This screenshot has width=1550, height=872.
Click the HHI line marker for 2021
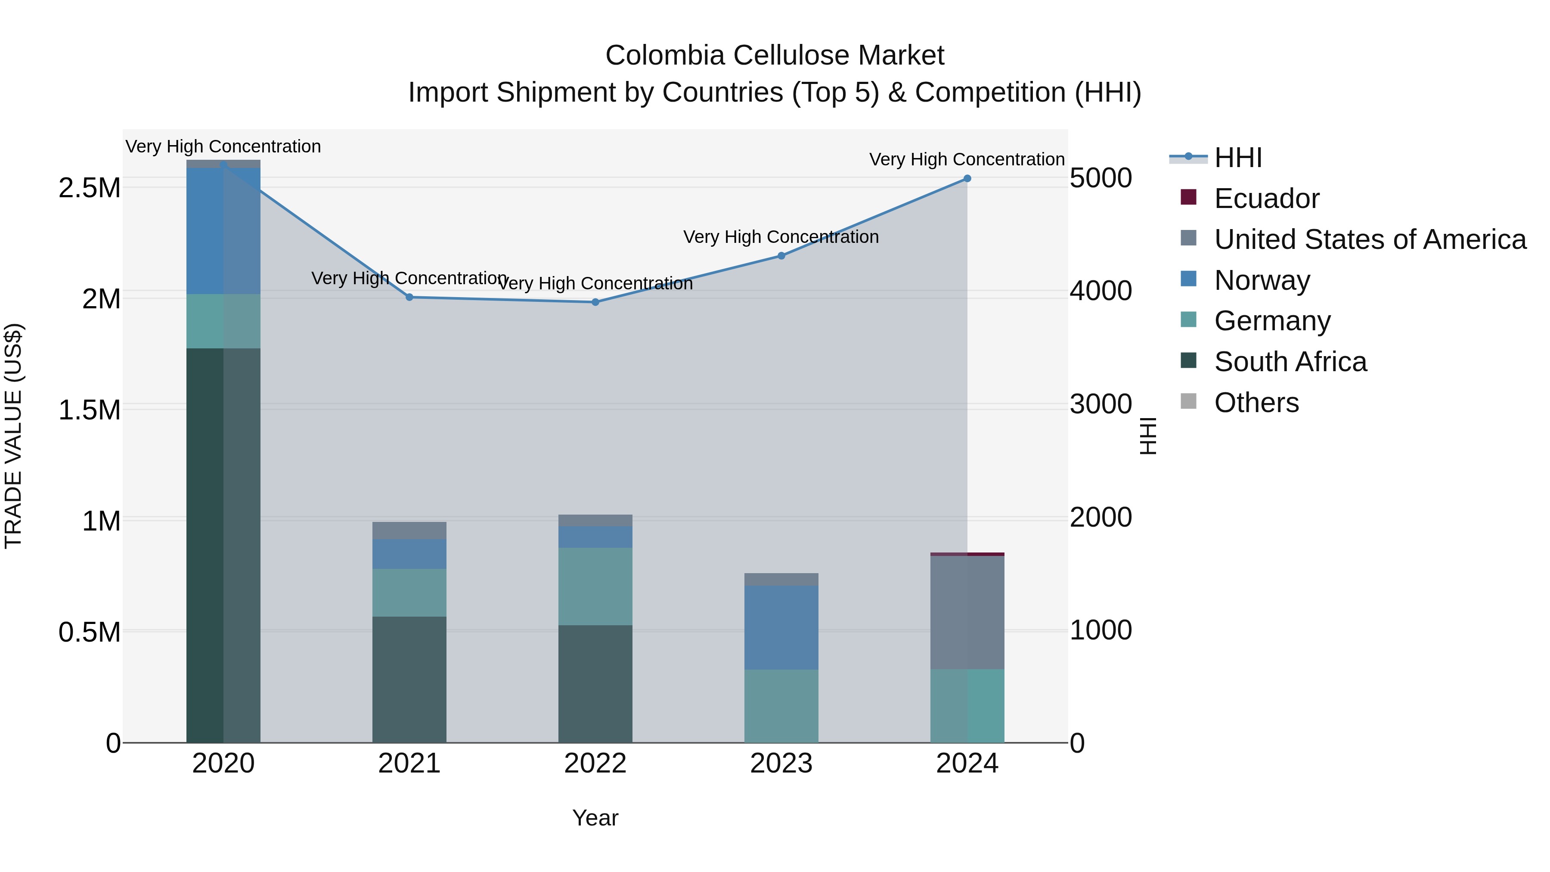tap(409, 297)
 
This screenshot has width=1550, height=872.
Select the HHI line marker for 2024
tap(967, 179)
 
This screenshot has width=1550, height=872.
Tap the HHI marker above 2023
tap(781, 256)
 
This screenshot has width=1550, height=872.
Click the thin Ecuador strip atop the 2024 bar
tap(967, 554)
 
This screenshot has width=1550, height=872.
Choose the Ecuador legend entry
tap(1266, 199)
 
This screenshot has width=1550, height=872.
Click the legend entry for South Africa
tap(1290, 362)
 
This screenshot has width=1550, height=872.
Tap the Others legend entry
tap(1256, 403)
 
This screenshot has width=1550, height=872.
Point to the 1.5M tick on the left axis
tap(89, 410)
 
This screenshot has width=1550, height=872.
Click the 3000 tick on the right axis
tap(1100, 404)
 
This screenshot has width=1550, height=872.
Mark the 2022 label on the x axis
tap(595, 763)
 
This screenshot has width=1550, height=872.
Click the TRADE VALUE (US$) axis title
tap(13, 436)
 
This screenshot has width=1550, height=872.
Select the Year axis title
tap(595, 818)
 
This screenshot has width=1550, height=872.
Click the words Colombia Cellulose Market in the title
tap(775, 56)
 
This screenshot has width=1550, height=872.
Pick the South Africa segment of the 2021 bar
tap(409, 680)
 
